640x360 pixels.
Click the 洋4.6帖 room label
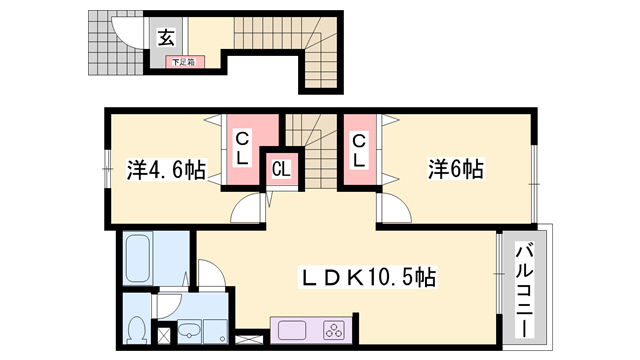[x=166, y=170]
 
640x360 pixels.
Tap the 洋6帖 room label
[x=455, y=170]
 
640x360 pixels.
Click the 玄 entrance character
[x=167, y=39]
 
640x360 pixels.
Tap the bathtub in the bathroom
[x=140, y=257]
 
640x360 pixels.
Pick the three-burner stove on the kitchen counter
[x=333, y=330]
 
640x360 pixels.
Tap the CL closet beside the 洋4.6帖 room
[x=242, y=150]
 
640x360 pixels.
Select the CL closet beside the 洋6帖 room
[x=357, y=150]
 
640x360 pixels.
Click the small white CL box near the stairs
[x=282, y=169]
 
